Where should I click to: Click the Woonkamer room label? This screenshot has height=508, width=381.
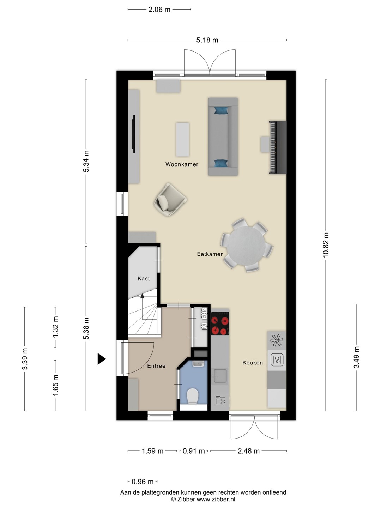[182, 164]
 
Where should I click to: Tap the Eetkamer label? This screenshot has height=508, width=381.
[210, 254]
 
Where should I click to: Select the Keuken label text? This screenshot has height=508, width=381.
[253, 363]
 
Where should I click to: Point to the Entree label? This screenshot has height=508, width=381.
[156, 366]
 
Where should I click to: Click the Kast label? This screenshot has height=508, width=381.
[144, 278]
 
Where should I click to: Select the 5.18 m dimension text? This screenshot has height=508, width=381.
[207, 40]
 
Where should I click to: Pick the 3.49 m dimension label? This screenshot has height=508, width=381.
[356, 357]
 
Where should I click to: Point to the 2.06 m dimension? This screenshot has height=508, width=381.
[159, 10]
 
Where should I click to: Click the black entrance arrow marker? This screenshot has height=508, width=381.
[101, 359]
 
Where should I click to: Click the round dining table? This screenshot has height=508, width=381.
[246, 246]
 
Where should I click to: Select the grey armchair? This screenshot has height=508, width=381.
[170, 200]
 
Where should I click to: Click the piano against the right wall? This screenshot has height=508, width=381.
[278, 147]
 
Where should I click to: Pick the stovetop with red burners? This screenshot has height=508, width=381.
[220, 323]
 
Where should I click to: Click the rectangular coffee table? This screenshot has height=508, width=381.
[182, 140]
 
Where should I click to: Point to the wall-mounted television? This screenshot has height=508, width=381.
[133, 134]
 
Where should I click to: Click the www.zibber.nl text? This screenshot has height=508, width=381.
[216, 499]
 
